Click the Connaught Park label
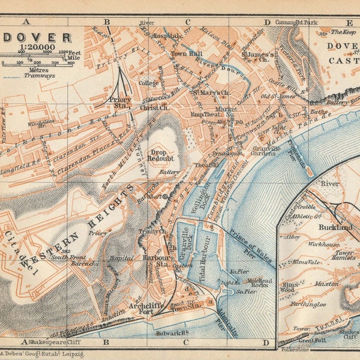point(295,23)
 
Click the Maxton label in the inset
point(326,283)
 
